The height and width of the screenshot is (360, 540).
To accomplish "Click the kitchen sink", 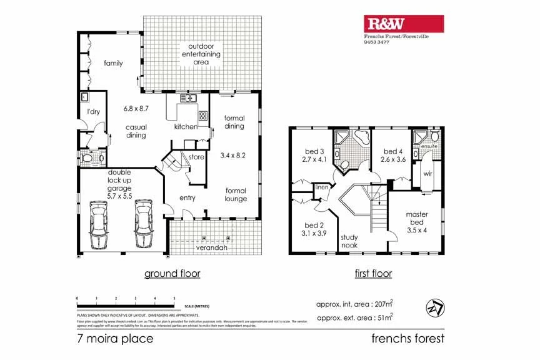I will (187, 98).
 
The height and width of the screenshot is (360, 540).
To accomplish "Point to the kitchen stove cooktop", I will (203, 116).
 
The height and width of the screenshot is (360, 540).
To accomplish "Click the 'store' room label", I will (196, 157).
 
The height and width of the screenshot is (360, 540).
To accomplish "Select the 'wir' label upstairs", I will (428, 173).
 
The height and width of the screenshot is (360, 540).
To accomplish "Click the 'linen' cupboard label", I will (322, 187).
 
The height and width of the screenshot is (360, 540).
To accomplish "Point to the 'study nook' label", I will (349, 241).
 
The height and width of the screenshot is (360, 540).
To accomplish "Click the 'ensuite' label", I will (429, 147).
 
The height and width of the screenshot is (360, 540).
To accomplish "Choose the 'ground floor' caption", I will (172, 273).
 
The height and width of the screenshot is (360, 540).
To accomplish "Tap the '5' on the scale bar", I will (174, 299).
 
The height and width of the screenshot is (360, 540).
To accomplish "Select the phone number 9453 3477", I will (377, 42).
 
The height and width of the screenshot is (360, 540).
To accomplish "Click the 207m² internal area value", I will (384, 304).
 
